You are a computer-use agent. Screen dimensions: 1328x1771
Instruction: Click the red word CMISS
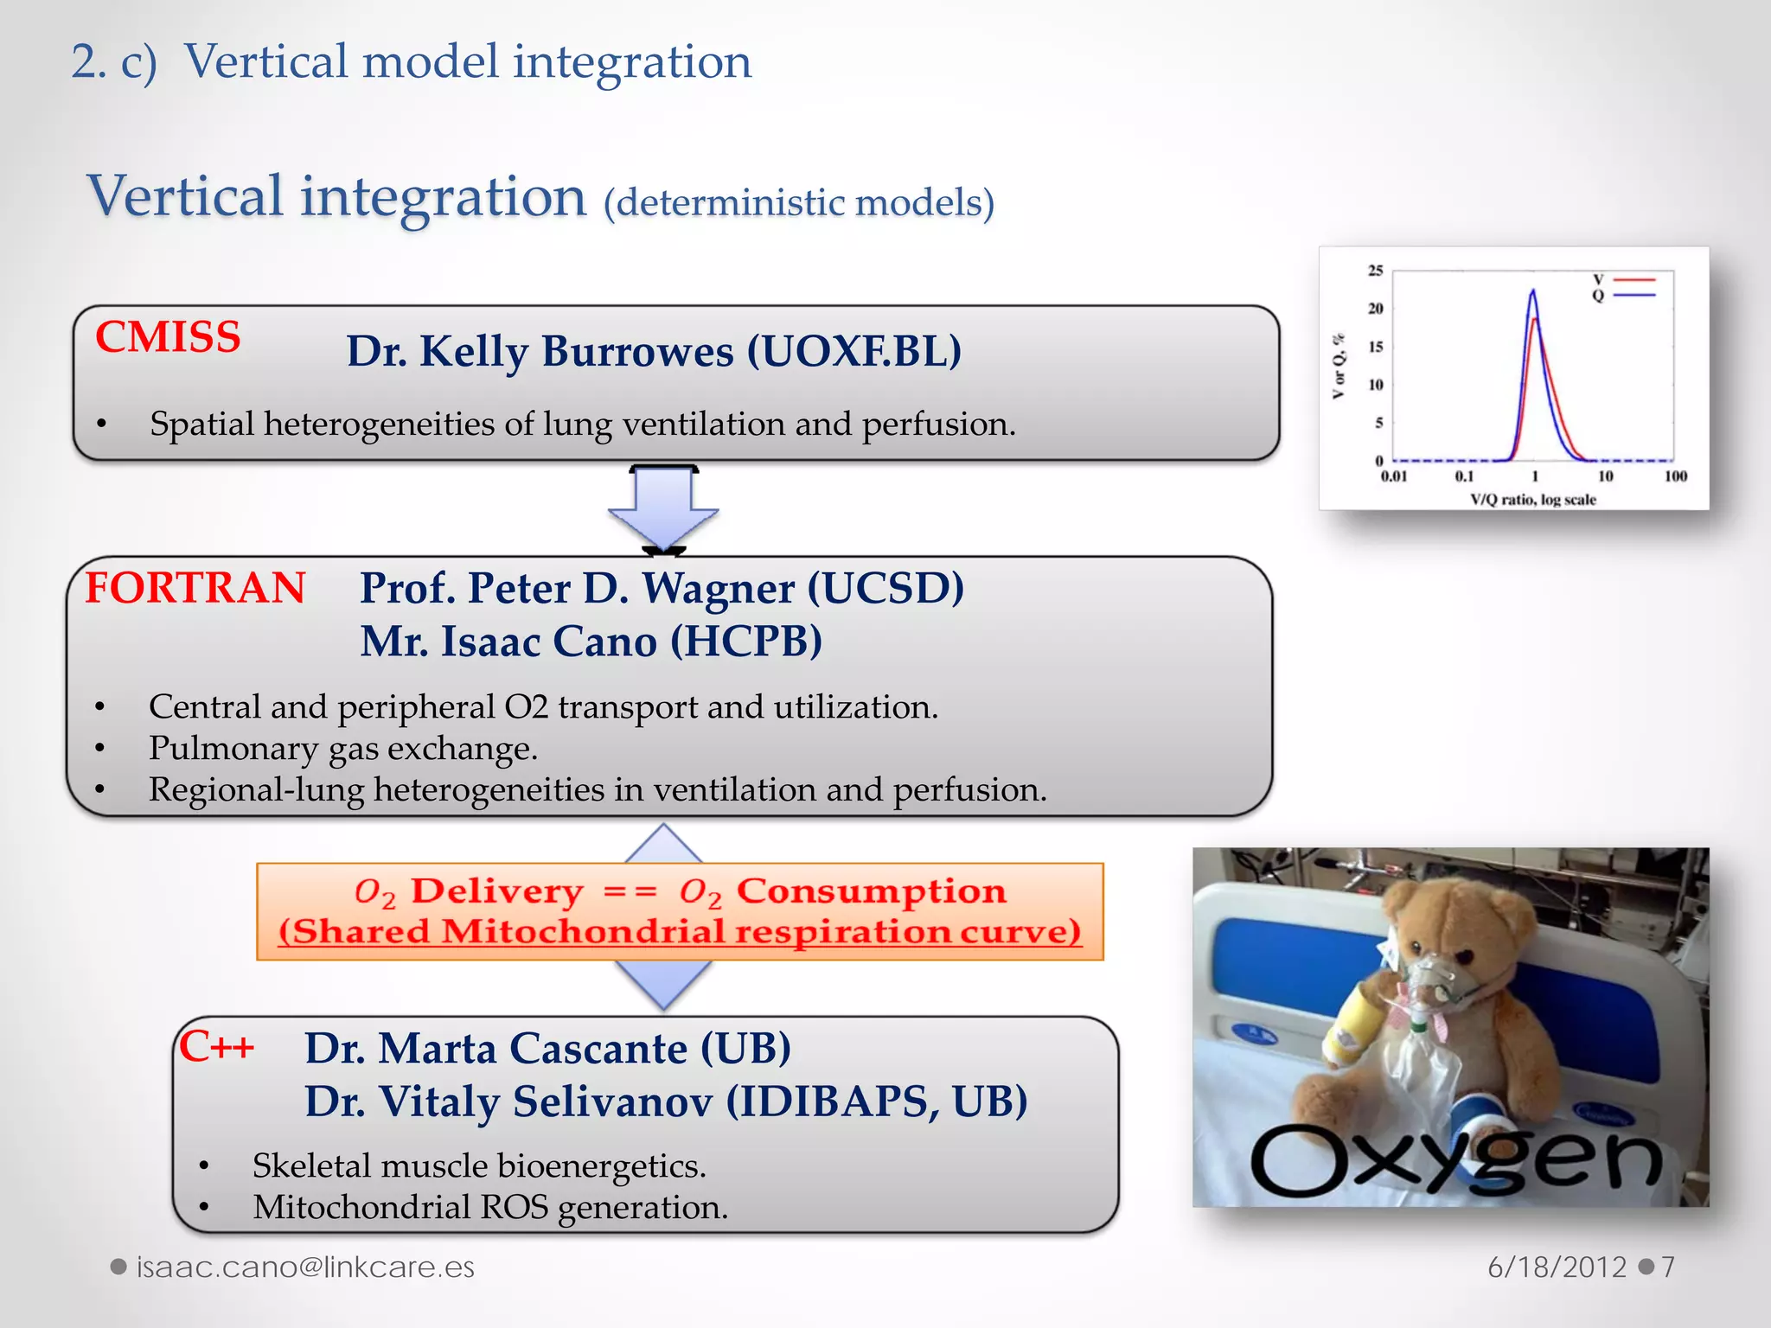click(x=168, y=337)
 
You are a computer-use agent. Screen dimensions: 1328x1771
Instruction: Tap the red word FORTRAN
click(x=195, y=589)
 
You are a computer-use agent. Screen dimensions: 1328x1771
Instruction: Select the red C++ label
click(x=216, y=1047)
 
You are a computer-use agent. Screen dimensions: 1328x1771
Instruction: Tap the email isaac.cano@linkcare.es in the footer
click(x=305, y=1267)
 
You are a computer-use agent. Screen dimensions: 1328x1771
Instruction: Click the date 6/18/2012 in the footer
click(x=1557, y=1267)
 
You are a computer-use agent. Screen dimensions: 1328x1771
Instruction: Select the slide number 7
click(x=1668, y=1267)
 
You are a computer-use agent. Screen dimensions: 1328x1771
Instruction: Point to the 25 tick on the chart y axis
click(x=1375, y=271)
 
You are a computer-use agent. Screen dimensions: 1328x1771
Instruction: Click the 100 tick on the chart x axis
click(x=1675, y=476)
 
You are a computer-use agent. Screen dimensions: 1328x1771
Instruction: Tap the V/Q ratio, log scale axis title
click(x=1532, y=500)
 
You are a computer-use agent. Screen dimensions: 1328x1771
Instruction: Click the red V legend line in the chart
click(x=1634, y=280)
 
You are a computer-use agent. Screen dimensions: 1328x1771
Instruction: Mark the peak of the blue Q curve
click(x=1533, y=291)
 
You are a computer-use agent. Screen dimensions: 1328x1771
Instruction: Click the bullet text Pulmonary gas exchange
click(x=343, y=749)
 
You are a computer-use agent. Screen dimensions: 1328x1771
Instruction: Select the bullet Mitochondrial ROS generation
click(x=490, y=1208)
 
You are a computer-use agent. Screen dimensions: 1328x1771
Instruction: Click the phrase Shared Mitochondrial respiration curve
click(x=680, y=932)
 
